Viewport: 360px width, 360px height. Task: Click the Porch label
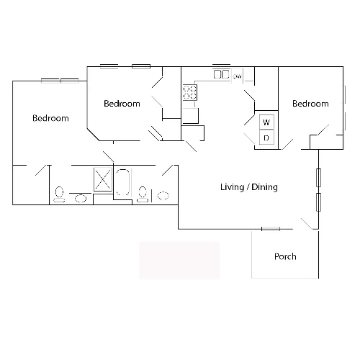point(285,256)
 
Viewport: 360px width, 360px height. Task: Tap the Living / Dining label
point(249,187)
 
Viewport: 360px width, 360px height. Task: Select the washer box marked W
point(266,122)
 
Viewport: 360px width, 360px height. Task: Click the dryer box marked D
point(266,138)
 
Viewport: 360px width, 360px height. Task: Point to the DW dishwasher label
point(237,76)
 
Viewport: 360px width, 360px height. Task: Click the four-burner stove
point(190,92)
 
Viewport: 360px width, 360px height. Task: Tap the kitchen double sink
point(221,74)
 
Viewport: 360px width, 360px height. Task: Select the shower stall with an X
point(103,179)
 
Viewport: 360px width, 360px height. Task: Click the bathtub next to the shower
point(123,182)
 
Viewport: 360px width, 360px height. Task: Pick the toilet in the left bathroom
point(59,194)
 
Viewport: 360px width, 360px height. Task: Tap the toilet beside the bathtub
point(143,194)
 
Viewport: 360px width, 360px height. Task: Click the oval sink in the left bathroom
point(81,199)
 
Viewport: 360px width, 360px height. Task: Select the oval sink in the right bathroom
point(163,195)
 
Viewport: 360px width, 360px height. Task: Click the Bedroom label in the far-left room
point(50,118)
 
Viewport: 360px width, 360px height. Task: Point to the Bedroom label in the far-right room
point(310,104)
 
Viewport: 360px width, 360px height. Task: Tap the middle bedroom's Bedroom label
point(122,104)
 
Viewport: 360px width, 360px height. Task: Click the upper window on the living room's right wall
point(318,178)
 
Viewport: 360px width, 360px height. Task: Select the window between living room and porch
point(271,229)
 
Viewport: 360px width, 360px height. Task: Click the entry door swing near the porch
point(307,224)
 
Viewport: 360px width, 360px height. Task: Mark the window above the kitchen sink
point(221,65)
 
